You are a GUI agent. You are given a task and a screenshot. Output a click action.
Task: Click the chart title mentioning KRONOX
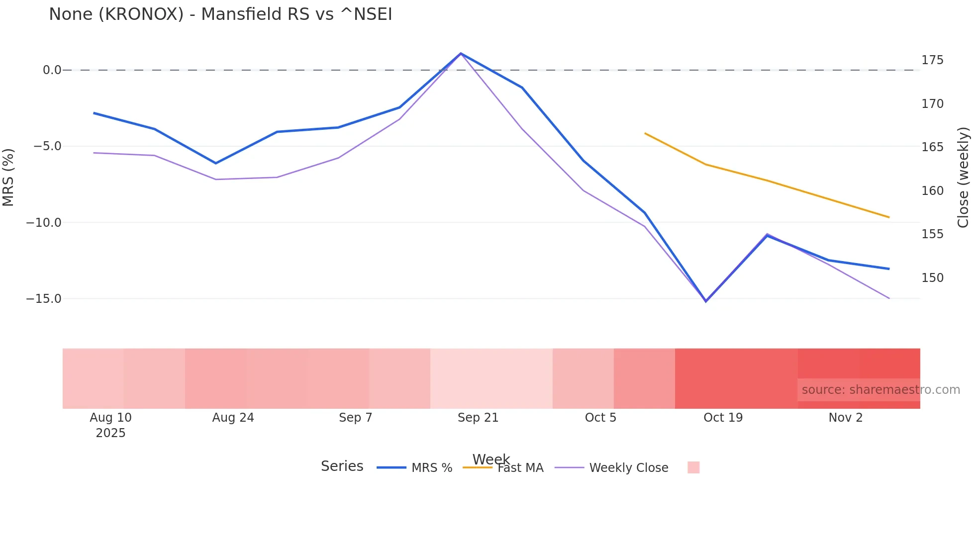point(220,14)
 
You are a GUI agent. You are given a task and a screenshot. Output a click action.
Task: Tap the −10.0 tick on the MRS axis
point(44,223)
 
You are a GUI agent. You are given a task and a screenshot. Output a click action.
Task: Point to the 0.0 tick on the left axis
point(52,70)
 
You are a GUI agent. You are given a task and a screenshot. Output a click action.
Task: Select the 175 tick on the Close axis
point(932,60)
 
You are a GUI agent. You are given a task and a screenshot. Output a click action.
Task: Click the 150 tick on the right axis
point(932,278)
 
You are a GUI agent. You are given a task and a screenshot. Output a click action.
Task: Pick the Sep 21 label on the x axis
point(478,418)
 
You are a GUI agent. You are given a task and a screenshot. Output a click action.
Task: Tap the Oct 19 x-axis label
point(723,418)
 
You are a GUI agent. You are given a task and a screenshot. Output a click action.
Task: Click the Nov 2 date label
point(845,418)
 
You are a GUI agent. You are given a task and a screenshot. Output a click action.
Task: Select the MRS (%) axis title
point(8,177)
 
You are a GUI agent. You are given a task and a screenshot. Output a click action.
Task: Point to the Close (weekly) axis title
point(963,177)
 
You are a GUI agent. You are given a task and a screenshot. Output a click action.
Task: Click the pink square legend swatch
point(693,467)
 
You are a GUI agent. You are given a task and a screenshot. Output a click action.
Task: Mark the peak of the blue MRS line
point(461,53)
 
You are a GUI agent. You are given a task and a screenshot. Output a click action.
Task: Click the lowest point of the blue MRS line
point(706,301)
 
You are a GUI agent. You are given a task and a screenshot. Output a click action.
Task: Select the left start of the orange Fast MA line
point(645,133)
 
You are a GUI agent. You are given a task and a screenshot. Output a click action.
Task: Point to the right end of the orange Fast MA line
point(889,217)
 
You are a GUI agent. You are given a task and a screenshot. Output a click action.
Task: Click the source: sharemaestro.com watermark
point(880,390)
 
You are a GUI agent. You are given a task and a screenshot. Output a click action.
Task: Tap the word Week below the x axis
point(491,459)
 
